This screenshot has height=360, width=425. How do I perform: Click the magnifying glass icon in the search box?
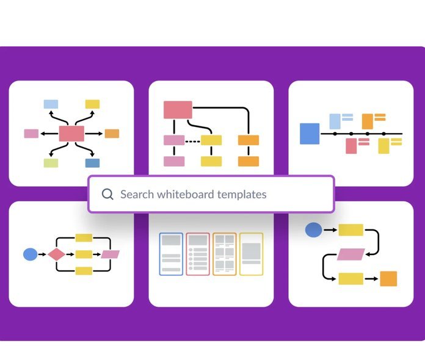click(107, 194)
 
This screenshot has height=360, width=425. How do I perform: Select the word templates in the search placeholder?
click(242, 195)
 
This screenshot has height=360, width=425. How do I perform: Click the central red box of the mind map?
click(71, 134)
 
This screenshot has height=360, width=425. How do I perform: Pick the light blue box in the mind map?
click(51, 104)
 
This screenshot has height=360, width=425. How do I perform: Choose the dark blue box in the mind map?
click(92, 163)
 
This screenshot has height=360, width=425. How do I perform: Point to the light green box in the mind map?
click(51, 163)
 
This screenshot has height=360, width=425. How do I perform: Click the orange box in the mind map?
click(112, 134)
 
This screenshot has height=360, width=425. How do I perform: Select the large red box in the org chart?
click(178, 110)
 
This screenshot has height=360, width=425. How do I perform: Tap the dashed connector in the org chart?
click(192, 141)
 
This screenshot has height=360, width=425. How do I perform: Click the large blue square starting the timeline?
click(310, 134)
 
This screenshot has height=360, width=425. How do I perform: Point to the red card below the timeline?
click(351, 146)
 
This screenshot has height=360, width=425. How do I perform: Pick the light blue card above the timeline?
click(335, 121)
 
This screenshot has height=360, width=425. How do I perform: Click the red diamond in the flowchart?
click(57, 254)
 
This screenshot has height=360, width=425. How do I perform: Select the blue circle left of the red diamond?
click(31, 254)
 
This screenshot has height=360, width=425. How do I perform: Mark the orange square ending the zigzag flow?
click(388, 279)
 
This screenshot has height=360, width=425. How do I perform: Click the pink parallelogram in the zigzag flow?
click(351, 254)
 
